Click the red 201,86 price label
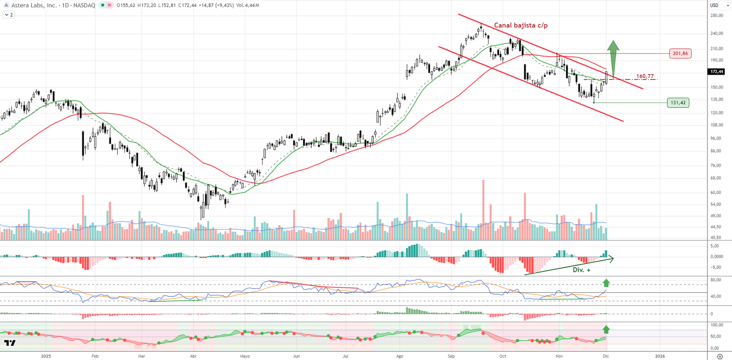point(680,54)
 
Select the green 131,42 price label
point(678,103)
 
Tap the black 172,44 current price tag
point(716,72)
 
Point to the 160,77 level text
point(645,76)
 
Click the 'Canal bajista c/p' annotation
point(521,26)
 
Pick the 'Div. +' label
point(581,270)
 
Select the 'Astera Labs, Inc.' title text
point(34,5)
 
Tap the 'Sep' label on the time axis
point(451,356)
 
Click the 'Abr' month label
point(193,356)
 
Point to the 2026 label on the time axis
point(660,356)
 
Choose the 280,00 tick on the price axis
point(716,16)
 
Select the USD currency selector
point(714,5)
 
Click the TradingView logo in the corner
point(10,343)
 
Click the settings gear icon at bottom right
point(720,356)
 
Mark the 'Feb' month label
point(95,356)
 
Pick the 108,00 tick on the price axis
point(716,125)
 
